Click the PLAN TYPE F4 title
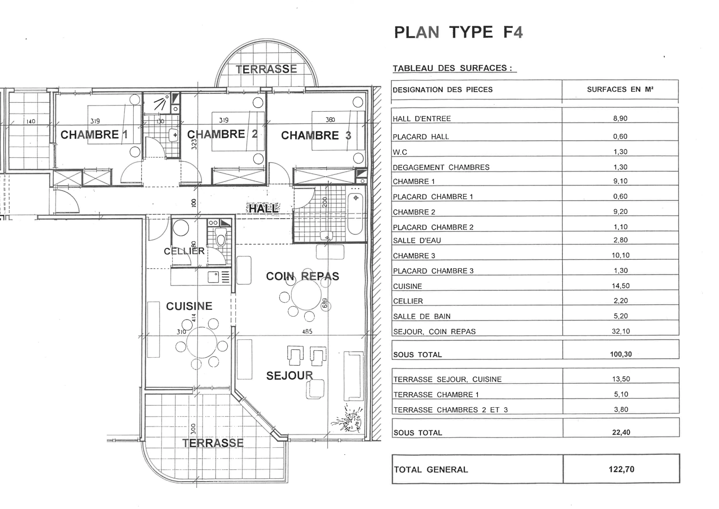458,32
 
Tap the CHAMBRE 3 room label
316,136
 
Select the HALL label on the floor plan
264,208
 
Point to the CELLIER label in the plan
184,251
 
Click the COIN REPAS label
302,276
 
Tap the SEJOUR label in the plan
290,375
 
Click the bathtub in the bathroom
355,213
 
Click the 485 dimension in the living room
307,331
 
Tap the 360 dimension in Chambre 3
330,120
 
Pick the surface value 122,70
622,469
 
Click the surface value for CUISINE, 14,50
621,286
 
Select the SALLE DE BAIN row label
422,317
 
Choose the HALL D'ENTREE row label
422,119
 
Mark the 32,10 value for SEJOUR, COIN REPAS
621,331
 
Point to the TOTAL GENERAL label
431,470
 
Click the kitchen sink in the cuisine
213,277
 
